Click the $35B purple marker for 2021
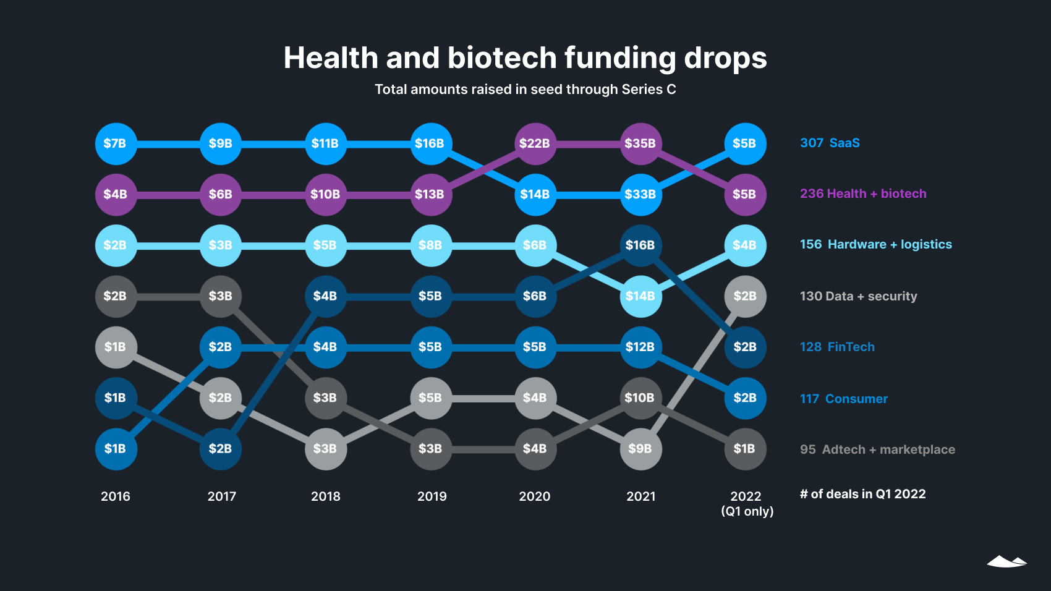pos(640,143)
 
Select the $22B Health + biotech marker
pos(535,143)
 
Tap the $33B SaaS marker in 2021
pos(640,194)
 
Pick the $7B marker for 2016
pos(116,143)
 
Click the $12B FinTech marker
pos(640,347)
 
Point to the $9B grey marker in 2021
pos(640,449)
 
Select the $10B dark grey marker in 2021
pos(640,398)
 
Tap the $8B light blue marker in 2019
pos(431,245)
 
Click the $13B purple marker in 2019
pos(431,194)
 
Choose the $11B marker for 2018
pos(326,143)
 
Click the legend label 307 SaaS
pos(830,143)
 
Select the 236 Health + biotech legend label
pos(863,193)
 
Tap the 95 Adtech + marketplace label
pos(877,449)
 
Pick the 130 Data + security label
pos(858,296)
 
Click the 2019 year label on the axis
pos(432,496)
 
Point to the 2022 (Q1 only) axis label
pos(747,503)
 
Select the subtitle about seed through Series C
pos(525,90)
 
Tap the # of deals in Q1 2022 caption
pos(862,494)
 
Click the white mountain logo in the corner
pos(1006,561)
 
